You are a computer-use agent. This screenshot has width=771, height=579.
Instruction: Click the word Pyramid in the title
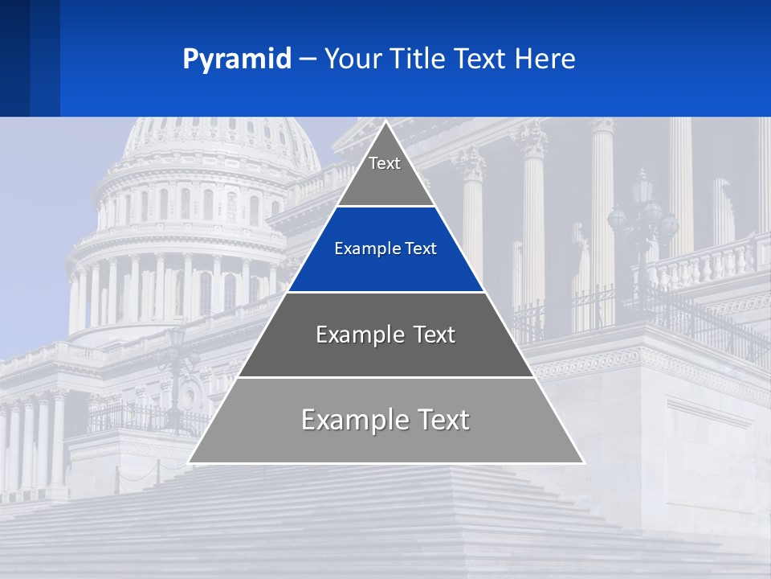pyautogui.click(x=237, y=60)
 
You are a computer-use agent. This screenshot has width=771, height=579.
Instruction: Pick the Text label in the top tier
pyautogui.click(x=385, y=163)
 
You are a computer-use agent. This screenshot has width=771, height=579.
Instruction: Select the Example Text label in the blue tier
pyautogui.click(x=385, y=248)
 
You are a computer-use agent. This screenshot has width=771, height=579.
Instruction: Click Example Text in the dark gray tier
pyautogui.click(x=385, y=335)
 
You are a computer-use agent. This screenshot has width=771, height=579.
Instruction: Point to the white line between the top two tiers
pyautogui.click(x=385, y=206)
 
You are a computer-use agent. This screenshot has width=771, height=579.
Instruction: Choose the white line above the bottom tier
pyautogui.click(x=385, y=377)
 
